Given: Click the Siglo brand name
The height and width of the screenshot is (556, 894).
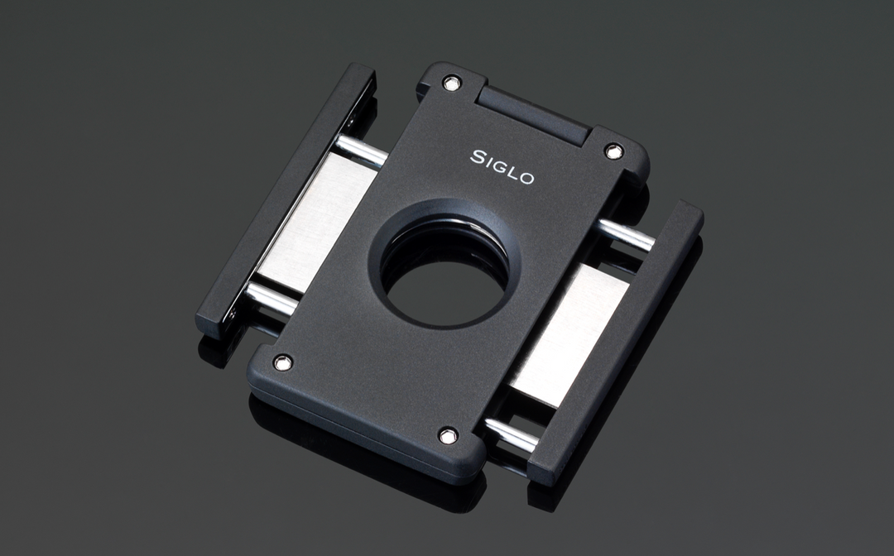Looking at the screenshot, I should [502, 166].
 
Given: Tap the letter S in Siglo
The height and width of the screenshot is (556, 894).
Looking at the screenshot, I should [478, 156].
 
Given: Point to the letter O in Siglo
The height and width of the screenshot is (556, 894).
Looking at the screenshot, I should [526, 177].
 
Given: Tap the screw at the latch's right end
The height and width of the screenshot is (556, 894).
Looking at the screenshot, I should [613, 151].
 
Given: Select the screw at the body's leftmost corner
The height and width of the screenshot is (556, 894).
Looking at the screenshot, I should [282, 362].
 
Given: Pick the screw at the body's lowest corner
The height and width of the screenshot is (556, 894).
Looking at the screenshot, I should [448, 434].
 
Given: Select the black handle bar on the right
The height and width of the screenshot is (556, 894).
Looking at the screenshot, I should [617, 340].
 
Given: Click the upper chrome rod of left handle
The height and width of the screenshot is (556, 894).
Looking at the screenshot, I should [361, 151].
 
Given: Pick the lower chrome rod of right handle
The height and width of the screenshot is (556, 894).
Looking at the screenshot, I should [510, 434].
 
